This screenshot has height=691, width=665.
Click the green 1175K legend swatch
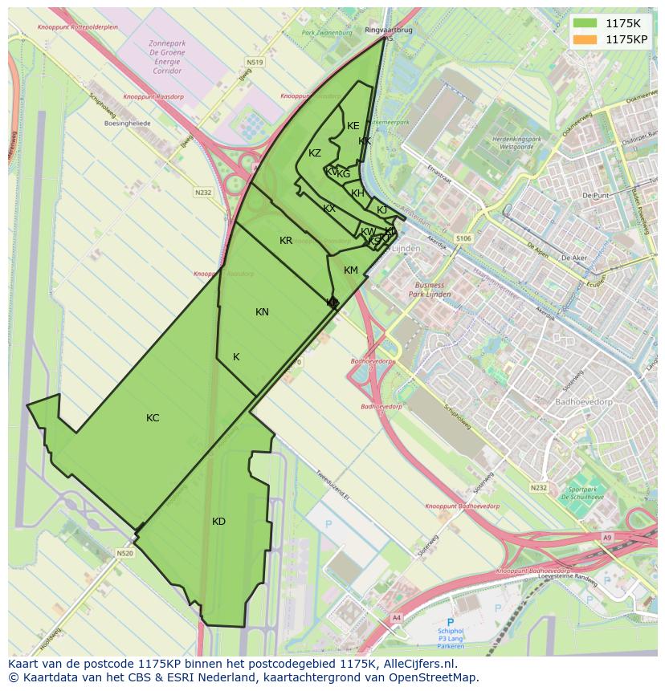click(585, 23)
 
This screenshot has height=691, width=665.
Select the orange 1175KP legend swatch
click(585, 39)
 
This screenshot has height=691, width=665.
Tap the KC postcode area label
click(153, 418)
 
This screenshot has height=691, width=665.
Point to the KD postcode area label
click(218, 522)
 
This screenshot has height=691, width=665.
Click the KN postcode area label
click(262, 312)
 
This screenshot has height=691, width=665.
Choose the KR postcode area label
click(286, 241)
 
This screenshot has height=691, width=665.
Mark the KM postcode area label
click(351, 270)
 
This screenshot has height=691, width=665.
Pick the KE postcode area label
click(353, 126)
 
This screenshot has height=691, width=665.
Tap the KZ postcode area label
click(315, 153)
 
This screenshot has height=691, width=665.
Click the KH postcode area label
click(358, 193)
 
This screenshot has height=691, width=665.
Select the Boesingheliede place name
click(127, 124)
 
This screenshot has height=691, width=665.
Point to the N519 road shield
click(255, 62)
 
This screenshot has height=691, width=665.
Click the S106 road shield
click(463, 238)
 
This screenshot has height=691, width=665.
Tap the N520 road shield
click(124, 553)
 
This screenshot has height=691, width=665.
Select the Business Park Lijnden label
click(429, 289)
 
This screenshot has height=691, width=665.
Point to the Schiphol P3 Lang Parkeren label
click(451, 632)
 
